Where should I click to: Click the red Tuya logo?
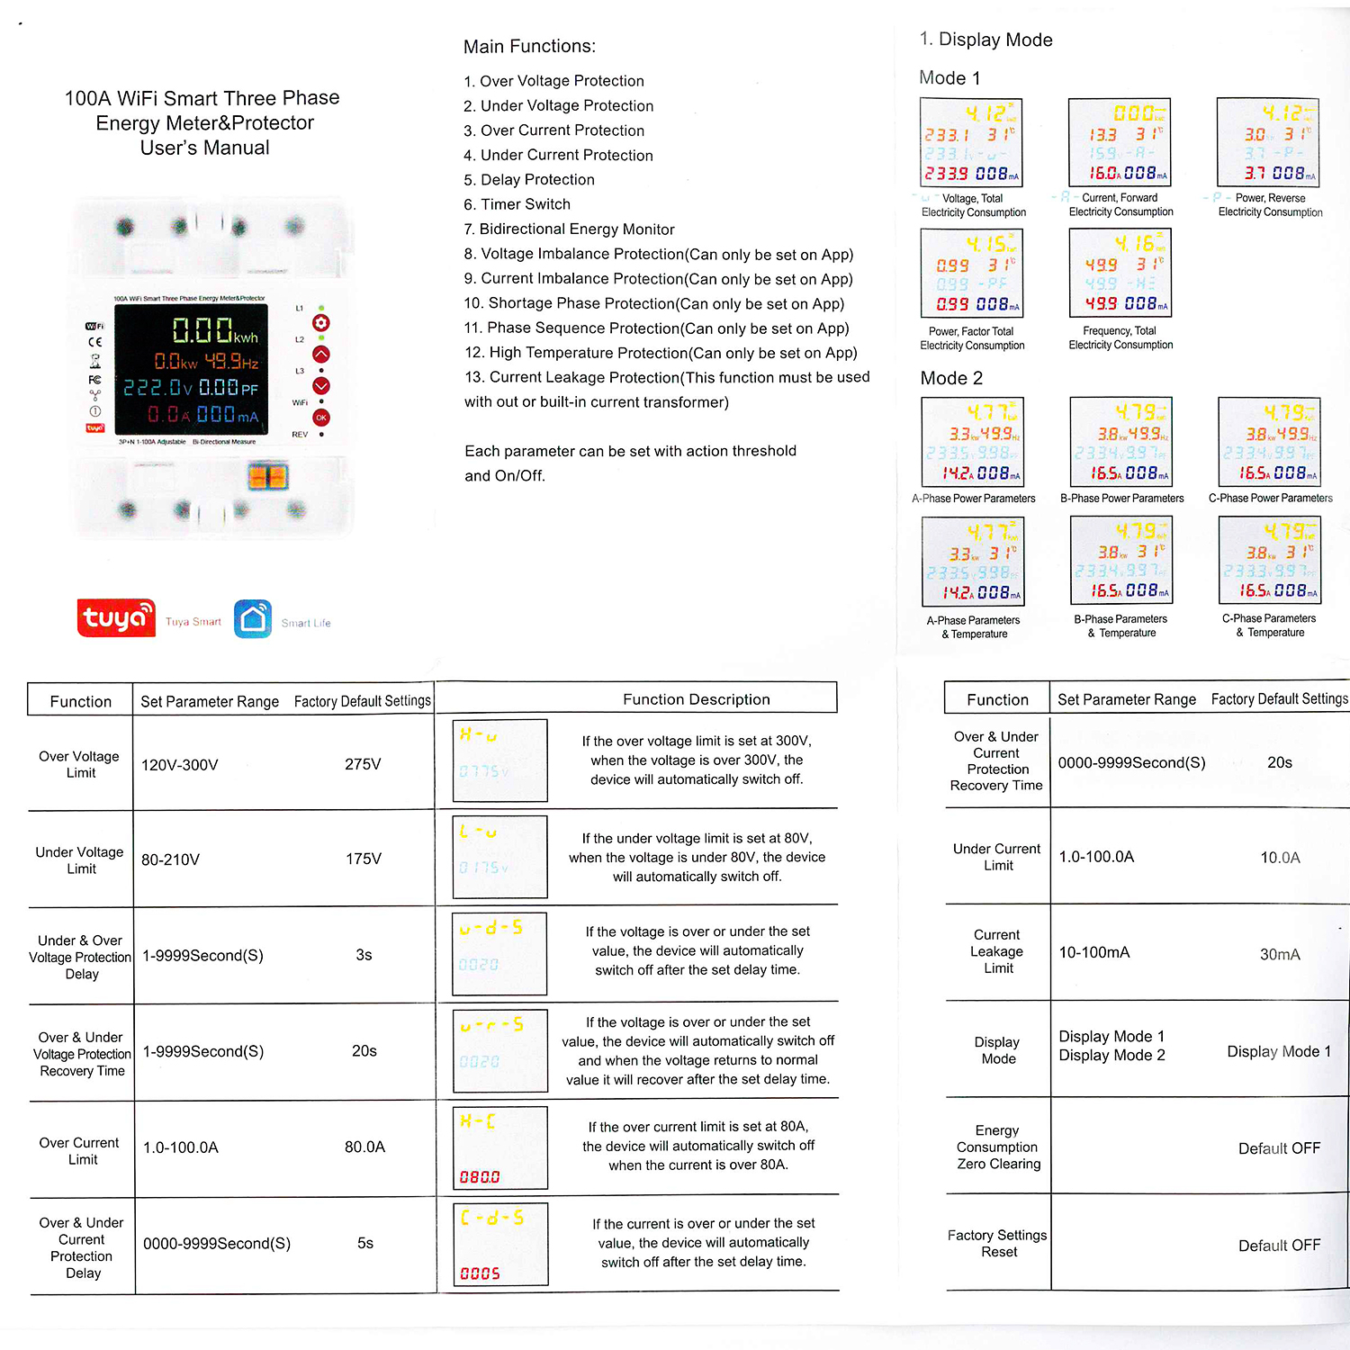click(x=116, y=618)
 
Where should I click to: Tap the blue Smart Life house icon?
click(x=253, y=619)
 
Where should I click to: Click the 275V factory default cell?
click(x=363, y=764)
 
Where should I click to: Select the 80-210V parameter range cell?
click(x=171, y=859)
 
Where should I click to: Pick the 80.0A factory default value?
click(x=364, y=1147)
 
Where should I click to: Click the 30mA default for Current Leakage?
click(x=1280, y=954)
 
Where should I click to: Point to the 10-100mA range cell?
click(x=1094, y=952)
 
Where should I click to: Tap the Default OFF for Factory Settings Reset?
click(x=1279, y=1245)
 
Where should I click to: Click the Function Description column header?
click(x=696, y=699)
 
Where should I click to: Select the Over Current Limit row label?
click(x=80, y=1151)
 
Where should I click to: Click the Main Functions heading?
click(x=529, y=47)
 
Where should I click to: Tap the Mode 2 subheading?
click(x=951, y=378)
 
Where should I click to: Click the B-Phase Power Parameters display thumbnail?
click(x=1120, y=442)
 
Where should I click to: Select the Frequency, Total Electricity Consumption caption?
click(x=1120, y=337)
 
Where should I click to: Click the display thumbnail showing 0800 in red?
click(x=500, y=1147)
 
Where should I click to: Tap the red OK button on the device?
click(x=321, y=418)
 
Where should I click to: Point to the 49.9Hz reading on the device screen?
click(x=232, y=362)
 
